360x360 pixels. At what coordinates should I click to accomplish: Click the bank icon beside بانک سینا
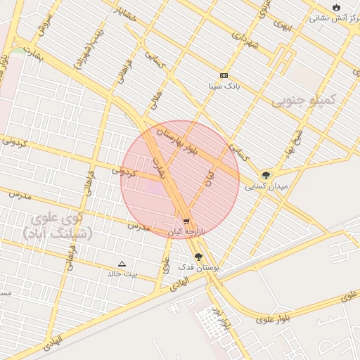(224, 75)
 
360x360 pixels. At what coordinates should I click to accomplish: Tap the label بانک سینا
(224, 86)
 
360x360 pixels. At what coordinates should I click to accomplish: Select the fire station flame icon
(336, 7)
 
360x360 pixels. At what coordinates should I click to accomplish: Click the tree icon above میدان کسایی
(266, 176)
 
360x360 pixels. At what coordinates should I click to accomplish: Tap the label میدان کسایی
(266, 187)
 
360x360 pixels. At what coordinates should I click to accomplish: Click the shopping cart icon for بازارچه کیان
(185, 221)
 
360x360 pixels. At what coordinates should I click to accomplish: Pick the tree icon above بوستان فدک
(198, 257)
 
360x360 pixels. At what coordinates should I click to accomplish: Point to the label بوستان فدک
(198, 268)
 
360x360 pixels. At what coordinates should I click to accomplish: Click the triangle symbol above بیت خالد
(122, 264)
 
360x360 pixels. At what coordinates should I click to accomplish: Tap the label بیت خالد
(122, 274)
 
